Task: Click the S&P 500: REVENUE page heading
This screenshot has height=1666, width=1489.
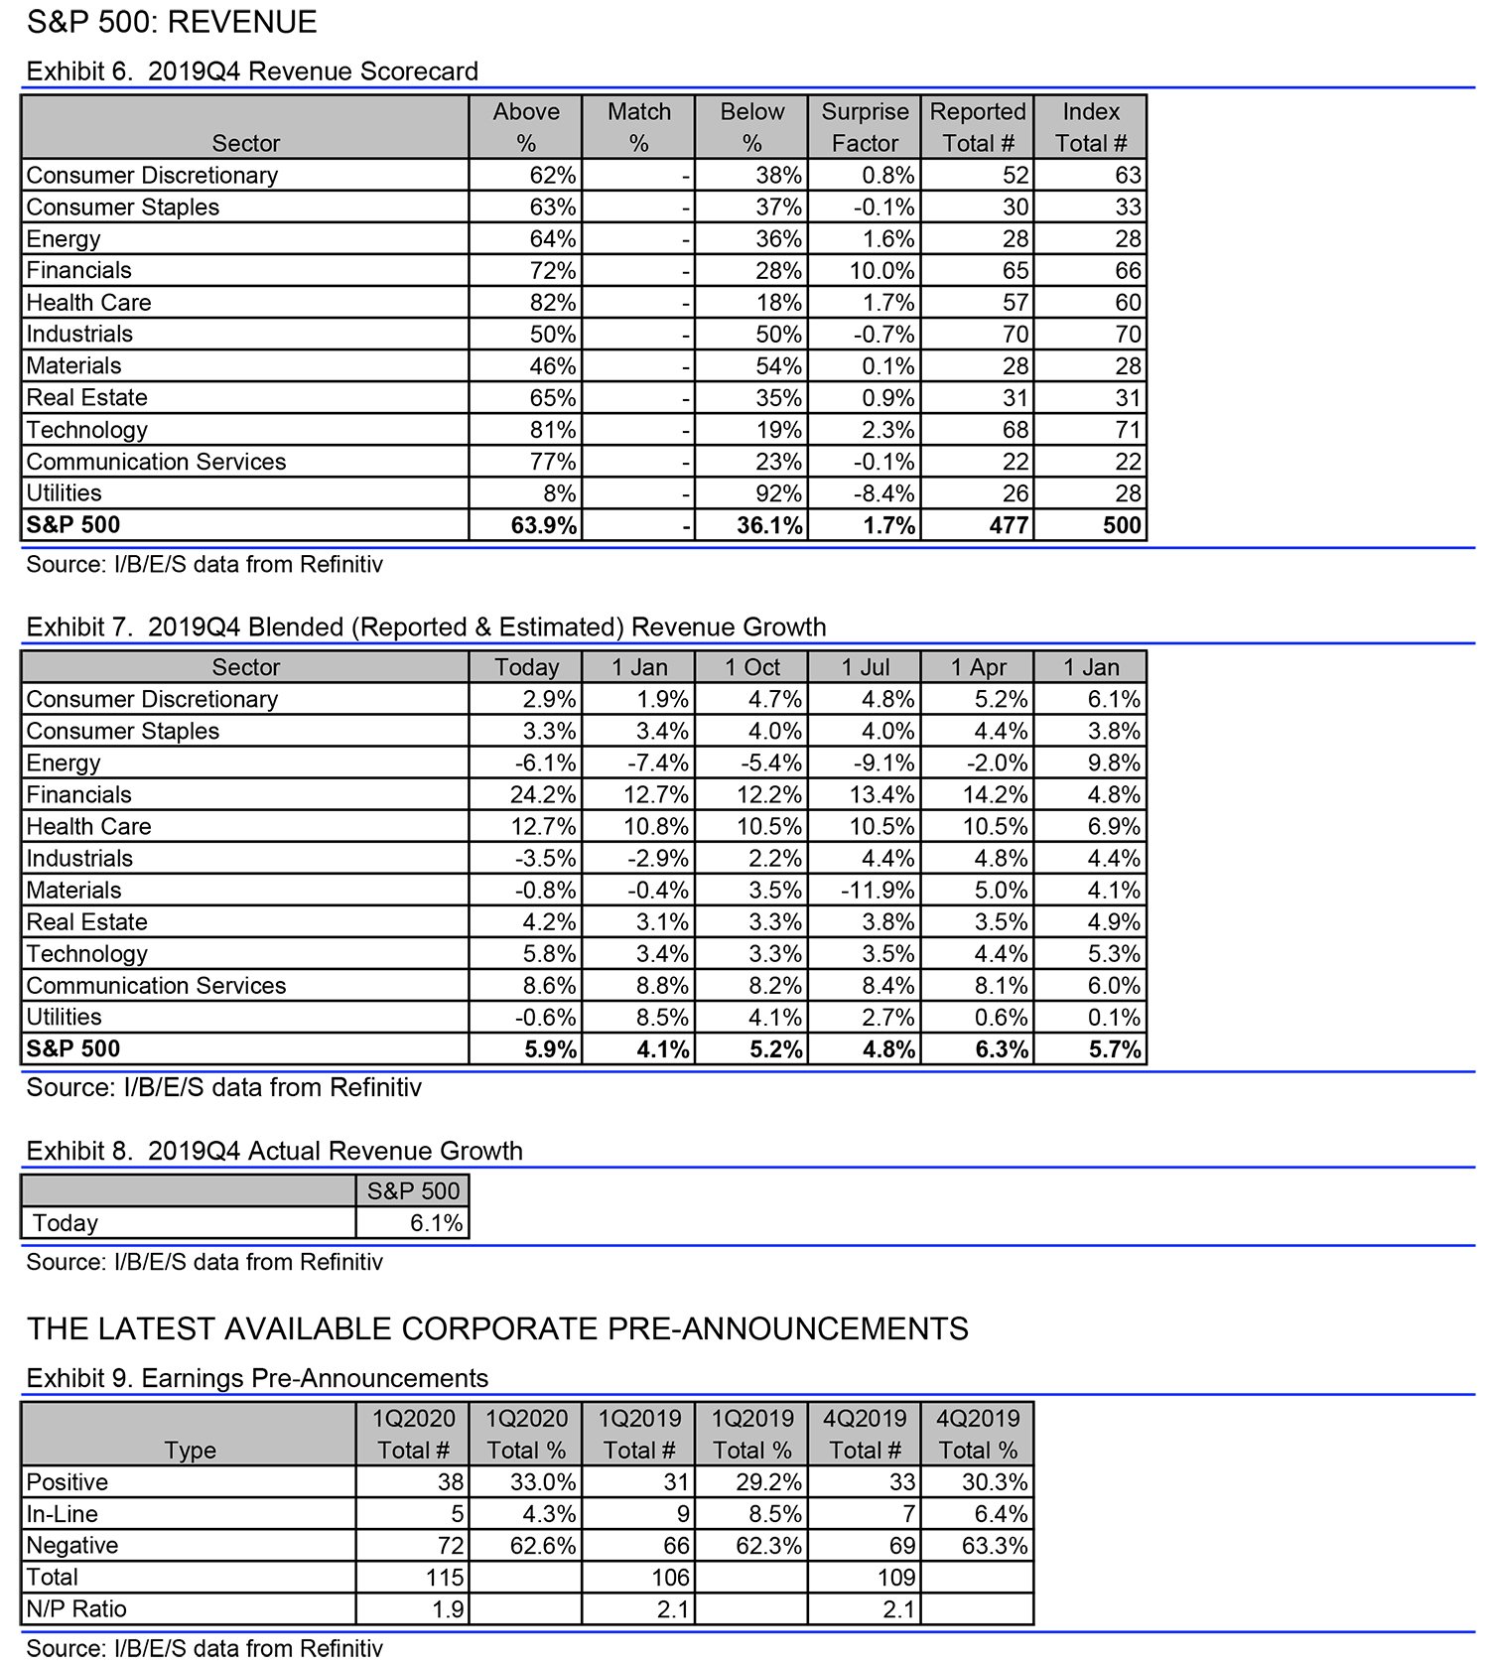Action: click(x=172, y=22)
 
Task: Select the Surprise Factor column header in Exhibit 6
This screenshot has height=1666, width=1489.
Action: click(x=865, y=127)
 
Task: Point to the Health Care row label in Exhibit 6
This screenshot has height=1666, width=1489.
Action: click(x=88, y=302)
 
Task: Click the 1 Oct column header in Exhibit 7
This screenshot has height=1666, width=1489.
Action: click(x=752, y=667)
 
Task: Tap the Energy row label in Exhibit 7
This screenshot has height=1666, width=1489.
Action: click(x=64, y=763)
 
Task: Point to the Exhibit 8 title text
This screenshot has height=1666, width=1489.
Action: click(x=274, y=1151)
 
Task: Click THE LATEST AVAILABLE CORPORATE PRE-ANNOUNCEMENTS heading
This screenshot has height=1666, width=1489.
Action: click(x=497, y=1328)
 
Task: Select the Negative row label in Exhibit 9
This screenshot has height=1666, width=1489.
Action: click(x=72, y=1545)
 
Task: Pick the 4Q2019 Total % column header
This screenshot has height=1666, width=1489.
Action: click(x=978, y=1434)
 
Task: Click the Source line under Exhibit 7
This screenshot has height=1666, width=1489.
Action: click(x=223, y=1087)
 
